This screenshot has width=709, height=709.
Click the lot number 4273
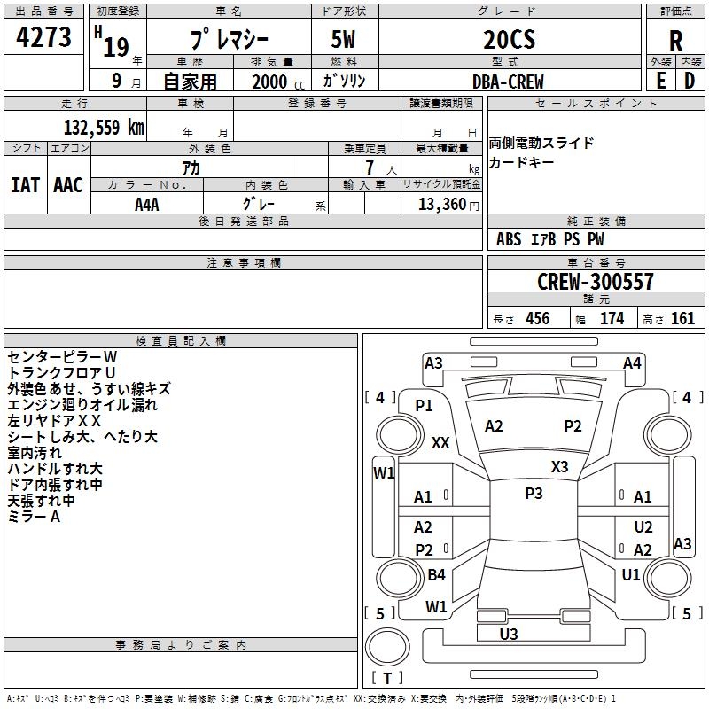[x=43, y=36]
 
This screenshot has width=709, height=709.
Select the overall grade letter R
[x=675, y=41]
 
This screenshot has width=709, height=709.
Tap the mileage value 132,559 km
[x=104, y=127]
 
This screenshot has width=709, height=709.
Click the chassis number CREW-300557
[x=596, y=281]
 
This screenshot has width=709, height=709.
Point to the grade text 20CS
[x=509, y=39]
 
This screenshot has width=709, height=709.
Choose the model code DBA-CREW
[x=508, y=82]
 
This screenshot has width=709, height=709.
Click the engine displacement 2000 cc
[x=278, y=82]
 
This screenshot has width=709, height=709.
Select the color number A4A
[x=147, y=205]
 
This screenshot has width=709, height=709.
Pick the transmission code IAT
[x=26, y=185]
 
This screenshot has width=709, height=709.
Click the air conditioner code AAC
[x=68, y=185]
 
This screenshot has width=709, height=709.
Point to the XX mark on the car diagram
[x=440, y=442]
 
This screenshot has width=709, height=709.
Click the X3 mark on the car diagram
[x=559, y=466]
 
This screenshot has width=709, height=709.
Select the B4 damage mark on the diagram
[x=436, y=574]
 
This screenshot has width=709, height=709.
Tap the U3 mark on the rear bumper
[x=509, y=634]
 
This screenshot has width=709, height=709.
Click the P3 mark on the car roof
[x=534, y=493]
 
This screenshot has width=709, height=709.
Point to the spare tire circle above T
[x=387, y=646]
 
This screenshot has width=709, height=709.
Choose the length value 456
[x=538, y=318]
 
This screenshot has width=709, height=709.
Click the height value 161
[x=682, y=318]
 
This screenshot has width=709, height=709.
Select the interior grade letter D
[x=690, y=82]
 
